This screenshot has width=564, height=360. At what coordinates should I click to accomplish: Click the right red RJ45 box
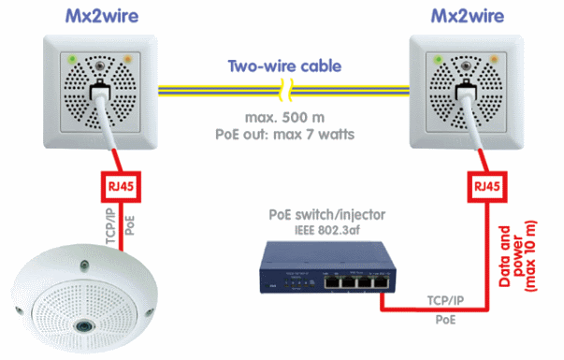click(483, 185)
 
